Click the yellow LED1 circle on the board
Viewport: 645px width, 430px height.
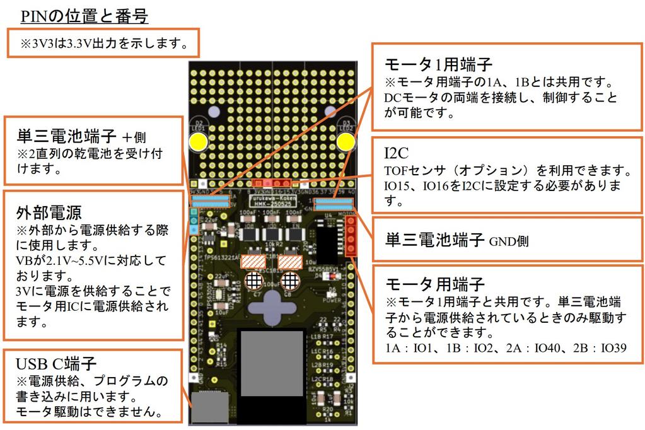click(199, 142)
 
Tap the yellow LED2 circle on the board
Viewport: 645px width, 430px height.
click(345, 142)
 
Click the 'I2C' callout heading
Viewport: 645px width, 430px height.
click(397, 154)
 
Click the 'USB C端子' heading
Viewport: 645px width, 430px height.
click(56, 364)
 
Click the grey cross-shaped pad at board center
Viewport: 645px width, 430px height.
click(272, 306)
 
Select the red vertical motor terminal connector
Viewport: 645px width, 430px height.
click(352, 234)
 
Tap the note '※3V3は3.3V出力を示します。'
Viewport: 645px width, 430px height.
click(103, 44)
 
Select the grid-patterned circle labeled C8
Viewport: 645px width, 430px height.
click(289, 278)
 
